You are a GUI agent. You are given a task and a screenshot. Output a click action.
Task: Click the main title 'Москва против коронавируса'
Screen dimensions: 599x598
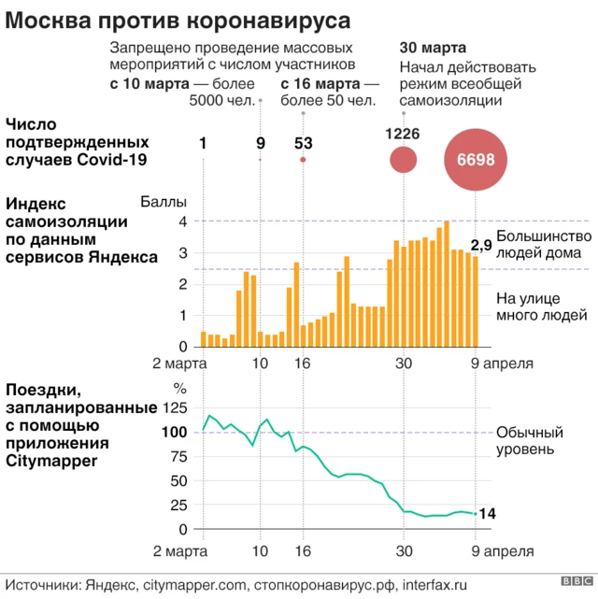pyautogui.click(x=168, y=19)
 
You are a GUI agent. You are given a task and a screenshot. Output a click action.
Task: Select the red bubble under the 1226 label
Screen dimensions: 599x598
pyautogui.click(x=403, y=160)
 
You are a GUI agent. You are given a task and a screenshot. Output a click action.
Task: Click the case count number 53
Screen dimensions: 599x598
pyautogui.click(x=303, y=143)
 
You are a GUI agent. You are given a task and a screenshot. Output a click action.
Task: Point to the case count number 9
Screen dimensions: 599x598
pyautogui.click(x=260, y=143)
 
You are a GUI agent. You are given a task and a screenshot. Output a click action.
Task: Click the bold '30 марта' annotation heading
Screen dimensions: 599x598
pyautogui.click(x=433, y=48)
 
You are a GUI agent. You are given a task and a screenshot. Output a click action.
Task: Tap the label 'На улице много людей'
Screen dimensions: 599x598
pyautogui.click(x=541, y=307)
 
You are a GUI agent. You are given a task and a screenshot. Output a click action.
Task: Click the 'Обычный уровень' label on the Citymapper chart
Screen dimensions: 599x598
pyautogui.click(x=529, y=440)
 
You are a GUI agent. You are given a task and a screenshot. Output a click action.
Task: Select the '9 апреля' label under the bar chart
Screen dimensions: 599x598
pyautogui.click(x=502, y=363)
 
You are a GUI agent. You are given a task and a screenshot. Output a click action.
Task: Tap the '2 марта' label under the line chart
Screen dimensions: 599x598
pyautogui.click(x=180, y=550)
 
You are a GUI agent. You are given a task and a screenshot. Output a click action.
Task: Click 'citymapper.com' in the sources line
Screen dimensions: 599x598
pyautogui.click(x=192, y=583)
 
